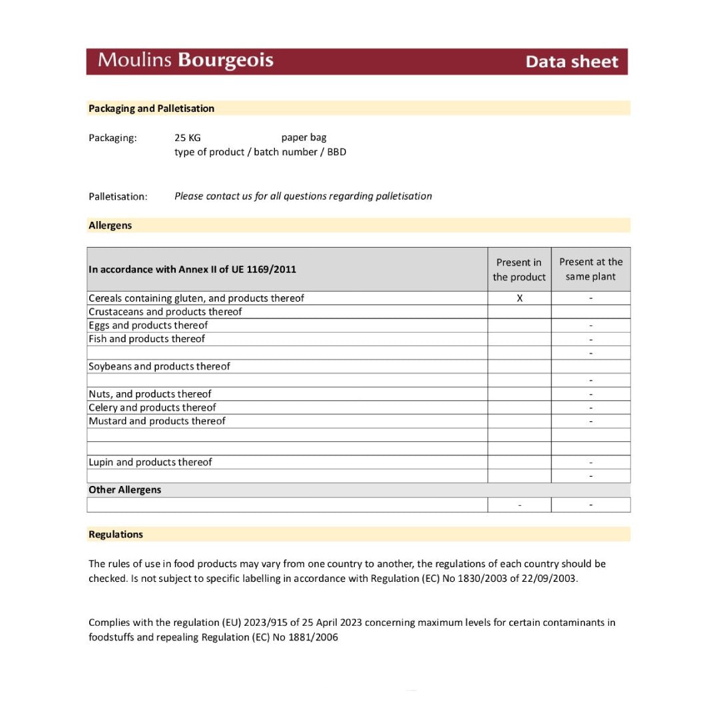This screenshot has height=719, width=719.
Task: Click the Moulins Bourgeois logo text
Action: [x=185, y=61]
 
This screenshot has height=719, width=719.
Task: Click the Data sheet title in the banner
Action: [x=571, y=62]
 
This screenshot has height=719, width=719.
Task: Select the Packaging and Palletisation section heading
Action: [x=151, y=109]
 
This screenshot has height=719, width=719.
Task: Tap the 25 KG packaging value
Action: [x=187, y=138]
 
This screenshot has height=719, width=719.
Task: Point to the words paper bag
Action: [x=304, y=138]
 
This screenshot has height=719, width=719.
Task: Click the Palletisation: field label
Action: [x=118, y=196]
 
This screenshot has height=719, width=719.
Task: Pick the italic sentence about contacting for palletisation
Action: [x=303, y=196]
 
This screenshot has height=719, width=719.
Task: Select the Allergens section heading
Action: [x=110, y=226]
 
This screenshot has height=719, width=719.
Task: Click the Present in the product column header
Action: [x=519, y=270]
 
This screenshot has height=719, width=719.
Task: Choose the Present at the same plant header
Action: [x=591, y=270]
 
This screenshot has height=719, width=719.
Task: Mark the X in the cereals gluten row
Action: [x=519, y=298]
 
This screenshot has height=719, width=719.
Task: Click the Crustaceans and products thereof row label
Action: [x=165, y=312]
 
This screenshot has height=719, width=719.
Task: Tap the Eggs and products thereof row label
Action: [x=148, y=326]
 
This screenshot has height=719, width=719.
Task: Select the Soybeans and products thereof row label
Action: [x=159, y=366]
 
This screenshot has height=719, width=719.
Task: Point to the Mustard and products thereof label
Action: [x=156, y=421]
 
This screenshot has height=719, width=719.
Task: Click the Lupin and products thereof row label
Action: [x=150, y=462]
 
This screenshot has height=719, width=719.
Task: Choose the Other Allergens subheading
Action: [x=124, y=490]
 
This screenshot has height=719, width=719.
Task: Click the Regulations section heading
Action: [x=115, y=535]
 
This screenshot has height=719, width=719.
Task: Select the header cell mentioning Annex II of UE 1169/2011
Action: [x=192, y=270]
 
